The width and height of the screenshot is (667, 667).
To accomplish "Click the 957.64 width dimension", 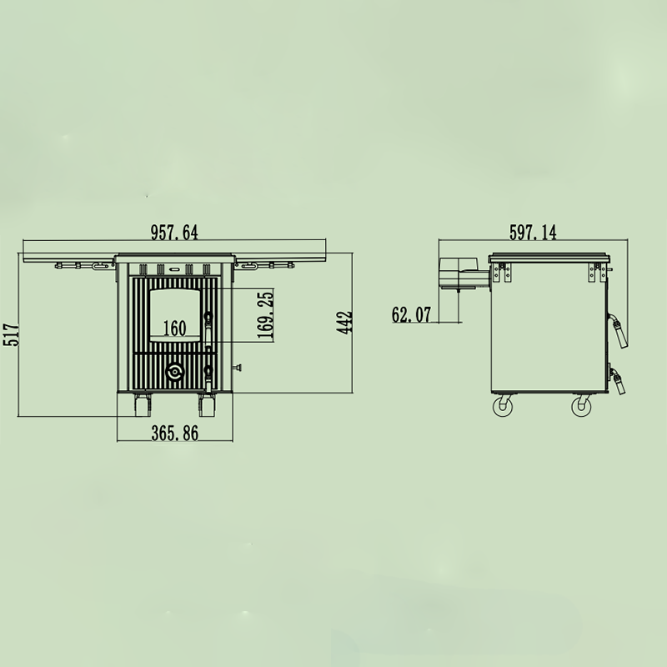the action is [x=174, y=233].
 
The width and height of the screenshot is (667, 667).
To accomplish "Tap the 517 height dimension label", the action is [x=13, y=334].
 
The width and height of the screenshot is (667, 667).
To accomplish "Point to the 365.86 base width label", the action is [x=175, y=434].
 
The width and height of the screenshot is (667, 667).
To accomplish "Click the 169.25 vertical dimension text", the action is [x=265, y=315].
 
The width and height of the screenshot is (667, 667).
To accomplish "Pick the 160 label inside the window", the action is [x=175, y=328].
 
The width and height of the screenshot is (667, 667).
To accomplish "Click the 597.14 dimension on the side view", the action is [x=533, y=233].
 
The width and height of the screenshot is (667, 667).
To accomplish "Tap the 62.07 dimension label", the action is [x=411, y=315].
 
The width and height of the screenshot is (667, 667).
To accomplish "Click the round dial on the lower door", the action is [x=175, y=372].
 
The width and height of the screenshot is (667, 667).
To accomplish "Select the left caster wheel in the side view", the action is [x=503, y=406].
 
